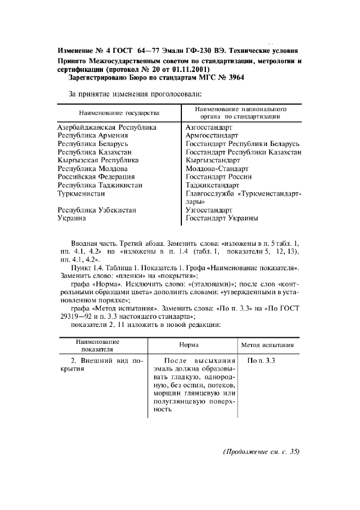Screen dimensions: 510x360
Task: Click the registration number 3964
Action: click(x=234, y=78)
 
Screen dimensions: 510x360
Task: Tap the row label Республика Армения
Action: click(x=93, y=135)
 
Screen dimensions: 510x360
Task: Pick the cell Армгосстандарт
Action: click(x=212, y=135)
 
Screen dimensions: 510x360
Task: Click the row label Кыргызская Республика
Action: click(x=98, y=160)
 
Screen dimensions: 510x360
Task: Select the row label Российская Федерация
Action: click(x=96, y=177)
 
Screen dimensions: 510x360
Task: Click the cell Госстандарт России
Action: click(x=218, y=177)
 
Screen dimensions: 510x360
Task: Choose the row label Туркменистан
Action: click(x=81, y=193)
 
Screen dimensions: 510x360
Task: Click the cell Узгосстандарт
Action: click(x=209, y=210)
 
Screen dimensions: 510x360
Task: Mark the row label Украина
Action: click(x=72, y=218)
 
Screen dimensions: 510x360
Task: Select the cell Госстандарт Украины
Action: click(x=222, y=218)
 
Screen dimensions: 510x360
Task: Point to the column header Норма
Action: click(x=189, y=345)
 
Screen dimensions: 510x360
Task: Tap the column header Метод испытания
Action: click(x=267, y=345)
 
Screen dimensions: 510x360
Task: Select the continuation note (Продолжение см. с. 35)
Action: click(x=261, y=452)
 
